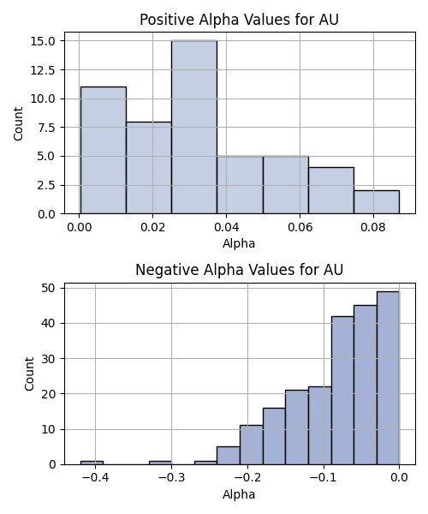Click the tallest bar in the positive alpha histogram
194,127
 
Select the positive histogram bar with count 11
104,150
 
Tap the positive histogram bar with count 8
149,168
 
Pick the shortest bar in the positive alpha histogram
377,202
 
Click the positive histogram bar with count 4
331,190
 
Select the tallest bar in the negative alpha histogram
388,378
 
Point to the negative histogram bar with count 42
342,391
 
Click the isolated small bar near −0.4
92,463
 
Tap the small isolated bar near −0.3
160,463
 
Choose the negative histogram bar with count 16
274,436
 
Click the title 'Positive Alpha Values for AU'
239,20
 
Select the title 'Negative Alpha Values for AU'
239,270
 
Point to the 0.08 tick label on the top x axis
373,227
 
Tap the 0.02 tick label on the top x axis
152,227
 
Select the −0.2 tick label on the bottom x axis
247,478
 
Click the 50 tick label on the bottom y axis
49,288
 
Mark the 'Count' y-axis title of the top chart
18,124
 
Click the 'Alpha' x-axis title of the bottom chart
239,494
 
